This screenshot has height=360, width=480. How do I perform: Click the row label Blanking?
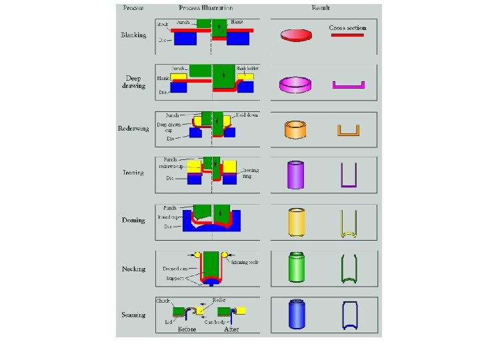click(133, 35)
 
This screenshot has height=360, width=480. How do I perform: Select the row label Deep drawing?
click(133, 82)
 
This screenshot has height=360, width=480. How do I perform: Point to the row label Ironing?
click(133, 173)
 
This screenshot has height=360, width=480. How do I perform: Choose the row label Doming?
click(133, 220)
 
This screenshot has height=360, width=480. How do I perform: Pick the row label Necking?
click(133, 269)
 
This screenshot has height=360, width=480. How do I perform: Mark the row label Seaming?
click(133, 315)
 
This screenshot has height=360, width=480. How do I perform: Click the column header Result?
click(321, 9)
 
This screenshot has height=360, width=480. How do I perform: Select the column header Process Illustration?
click(205, 9)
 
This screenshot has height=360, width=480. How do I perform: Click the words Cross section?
click(347, 28)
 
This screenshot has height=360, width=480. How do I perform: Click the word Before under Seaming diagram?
click(186, 329)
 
